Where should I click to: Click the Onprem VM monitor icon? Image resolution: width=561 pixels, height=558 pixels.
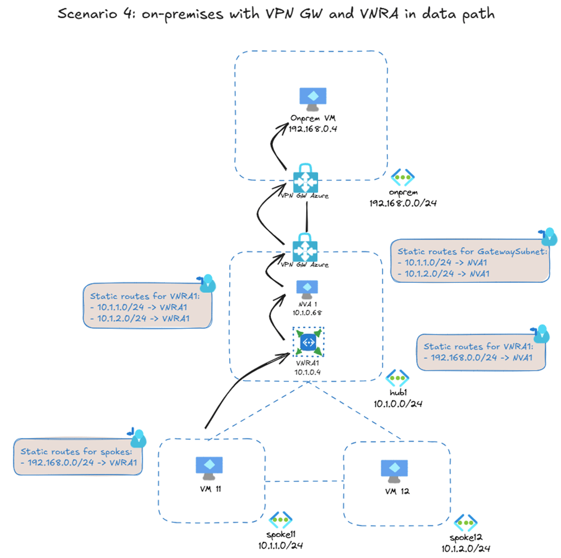313,98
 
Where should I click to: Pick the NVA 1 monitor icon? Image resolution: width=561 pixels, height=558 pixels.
307,288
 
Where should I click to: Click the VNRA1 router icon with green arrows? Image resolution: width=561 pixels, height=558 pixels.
308,343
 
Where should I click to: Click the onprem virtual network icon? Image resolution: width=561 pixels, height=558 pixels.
401,177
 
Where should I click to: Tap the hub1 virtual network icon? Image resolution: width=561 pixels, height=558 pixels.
397,378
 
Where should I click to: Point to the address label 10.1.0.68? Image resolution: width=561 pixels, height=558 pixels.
307,311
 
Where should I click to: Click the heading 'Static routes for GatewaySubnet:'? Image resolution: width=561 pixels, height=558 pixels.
472,251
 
